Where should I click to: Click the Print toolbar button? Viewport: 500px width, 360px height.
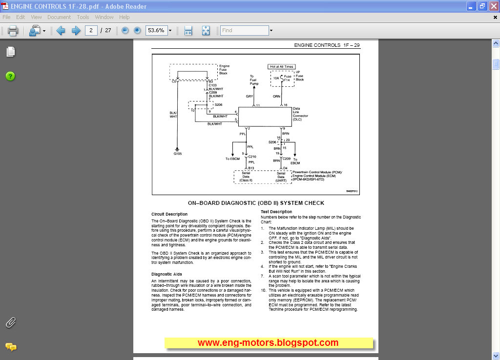pyautogui.click(x=13, y=31)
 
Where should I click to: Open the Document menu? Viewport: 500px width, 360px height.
pyautogui.click(x=59, y=17)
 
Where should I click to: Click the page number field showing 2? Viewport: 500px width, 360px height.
pyautogui.click(x=91, y=30)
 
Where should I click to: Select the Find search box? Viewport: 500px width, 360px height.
pyautogui.click(x=244, y=30)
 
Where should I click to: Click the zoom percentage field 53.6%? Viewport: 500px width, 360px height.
pyautogui.click(x=156, y=30)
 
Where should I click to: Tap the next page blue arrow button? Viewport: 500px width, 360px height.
pyautogui.click(x=76, y=31)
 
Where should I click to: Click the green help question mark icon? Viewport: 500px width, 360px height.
pyautogui.click(x=10, y=76)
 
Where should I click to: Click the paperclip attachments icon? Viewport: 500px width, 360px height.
pyautogui.click(x=10, y=322)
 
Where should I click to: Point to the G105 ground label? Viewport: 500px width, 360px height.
pyautogui.click(x=177, y=154)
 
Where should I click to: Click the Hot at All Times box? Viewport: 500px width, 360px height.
pyautogui.click(x=282, y=66)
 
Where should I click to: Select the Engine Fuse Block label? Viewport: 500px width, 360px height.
pyautogui.click(x=224, y=69)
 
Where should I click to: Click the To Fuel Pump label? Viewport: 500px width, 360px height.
pyautogui.click(x=254, y=80)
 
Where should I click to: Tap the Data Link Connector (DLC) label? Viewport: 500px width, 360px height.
pyautogui.click(x=300, y=114)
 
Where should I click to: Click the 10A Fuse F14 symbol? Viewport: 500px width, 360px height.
pyautogui.click(x=283, y=78)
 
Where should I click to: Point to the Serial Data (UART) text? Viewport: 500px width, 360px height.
pyautogui.click(x=281, y=177)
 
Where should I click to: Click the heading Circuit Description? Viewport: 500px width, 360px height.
pyautogui.click(x=169, y=214)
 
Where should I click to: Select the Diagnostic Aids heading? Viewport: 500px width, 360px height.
pyautogui.click(x=167, y=274)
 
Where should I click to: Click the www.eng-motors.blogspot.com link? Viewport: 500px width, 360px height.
pyautogui.click(x=268, y=343)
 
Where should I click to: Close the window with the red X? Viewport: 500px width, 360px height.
pyautogui.click(x=493, y=6)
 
